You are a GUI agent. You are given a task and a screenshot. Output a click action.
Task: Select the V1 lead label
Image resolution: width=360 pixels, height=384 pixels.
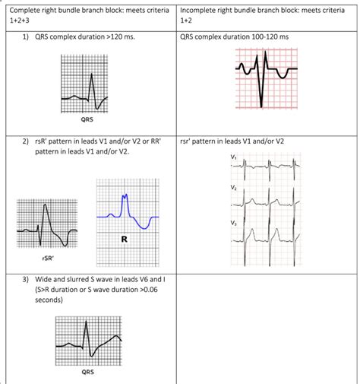coord(233,157)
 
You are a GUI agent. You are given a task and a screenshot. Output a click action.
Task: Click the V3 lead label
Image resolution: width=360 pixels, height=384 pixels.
coord(233,223)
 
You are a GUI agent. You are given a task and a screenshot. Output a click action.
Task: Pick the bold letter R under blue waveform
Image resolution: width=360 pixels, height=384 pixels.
coord(123,240)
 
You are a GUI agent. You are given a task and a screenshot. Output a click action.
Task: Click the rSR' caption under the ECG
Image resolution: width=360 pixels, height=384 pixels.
coord(49,259)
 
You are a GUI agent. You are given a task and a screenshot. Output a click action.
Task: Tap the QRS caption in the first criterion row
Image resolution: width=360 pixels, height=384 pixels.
coord(87,119)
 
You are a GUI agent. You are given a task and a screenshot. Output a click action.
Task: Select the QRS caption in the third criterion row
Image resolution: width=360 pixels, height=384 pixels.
coord(88,373)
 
